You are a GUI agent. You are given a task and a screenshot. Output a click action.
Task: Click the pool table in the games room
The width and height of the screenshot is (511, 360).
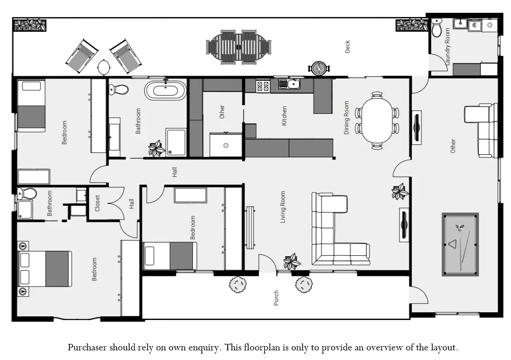click(x=460, y=244)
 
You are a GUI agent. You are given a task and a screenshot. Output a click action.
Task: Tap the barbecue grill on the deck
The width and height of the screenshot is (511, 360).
click(x=318, y=68)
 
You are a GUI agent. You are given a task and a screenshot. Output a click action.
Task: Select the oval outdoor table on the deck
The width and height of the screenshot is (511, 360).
click(x=239, y=47)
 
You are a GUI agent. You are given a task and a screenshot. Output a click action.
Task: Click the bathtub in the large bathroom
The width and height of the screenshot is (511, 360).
click(x=166, y=90)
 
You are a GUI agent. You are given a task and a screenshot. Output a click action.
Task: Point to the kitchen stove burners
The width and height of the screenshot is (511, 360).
click(x=263, y=86)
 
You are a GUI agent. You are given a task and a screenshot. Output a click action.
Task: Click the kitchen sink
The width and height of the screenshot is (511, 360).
click(x=289, y=84)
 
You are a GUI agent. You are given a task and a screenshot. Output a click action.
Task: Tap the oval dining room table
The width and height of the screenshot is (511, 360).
click(x=377, y=120)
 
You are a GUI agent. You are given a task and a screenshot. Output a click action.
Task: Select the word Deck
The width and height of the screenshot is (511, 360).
click(x=348, y=46)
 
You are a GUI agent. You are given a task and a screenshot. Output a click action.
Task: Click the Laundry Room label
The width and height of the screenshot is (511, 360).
click(x=447, y=46)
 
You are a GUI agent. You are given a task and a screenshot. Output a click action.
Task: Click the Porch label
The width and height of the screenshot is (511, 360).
click(x=276, y=298)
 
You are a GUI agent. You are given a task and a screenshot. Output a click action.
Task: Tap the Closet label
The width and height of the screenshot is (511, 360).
click(x=97, y=203)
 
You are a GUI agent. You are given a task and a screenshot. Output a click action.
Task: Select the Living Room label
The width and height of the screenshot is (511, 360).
click(x=282, y=207)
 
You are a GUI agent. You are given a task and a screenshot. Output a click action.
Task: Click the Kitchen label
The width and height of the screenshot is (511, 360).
click(x=284, y=116)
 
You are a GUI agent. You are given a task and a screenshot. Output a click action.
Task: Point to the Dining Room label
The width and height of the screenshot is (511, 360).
click(x=346, y=118)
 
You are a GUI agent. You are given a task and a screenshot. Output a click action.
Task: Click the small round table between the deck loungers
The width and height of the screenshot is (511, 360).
click(x=104, y=67)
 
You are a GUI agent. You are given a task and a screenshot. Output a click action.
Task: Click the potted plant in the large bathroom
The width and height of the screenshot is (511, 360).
click(x=157, y=148)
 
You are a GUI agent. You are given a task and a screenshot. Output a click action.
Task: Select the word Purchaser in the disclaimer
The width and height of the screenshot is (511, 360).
click(x=87, y=347)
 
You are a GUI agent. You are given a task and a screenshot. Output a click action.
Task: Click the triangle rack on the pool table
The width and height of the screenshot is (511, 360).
click(x=453, y=244)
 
